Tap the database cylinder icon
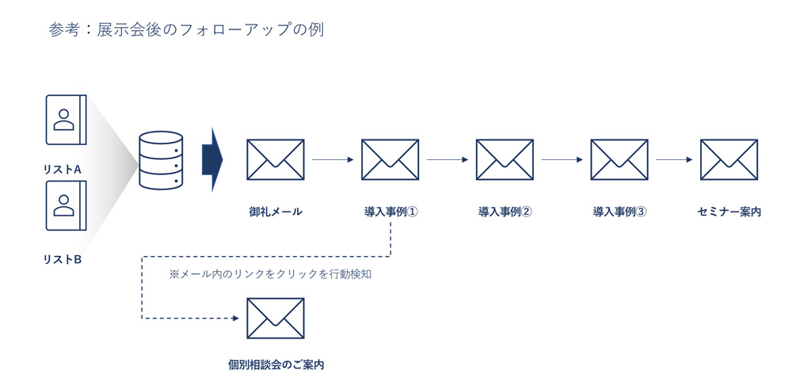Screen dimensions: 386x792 pos(161,160)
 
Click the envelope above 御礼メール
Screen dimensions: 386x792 pos(276,160)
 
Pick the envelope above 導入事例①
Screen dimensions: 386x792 pos(390,160)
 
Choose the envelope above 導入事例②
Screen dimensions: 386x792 pos(505,160)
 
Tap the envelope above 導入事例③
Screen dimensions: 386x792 pos(619,160)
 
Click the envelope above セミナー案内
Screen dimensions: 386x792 pos(729,160)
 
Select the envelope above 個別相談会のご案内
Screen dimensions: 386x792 pos(276,319)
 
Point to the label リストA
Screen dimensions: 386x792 pos(63,169)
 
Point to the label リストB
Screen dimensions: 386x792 pos(63,259)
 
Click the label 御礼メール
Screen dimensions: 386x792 pos(276,212)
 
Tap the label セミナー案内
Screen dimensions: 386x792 pos(729,212)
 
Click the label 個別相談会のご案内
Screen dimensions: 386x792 pos(276,365)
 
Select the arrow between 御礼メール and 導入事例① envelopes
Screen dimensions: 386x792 pos(333,160)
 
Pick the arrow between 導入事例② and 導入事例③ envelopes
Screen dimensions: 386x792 pos(562,160)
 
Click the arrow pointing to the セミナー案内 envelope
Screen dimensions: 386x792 pos(674,160)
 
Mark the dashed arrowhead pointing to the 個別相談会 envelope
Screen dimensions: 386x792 pos(234,319)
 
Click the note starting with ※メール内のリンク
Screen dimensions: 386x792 pos(270,274)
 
